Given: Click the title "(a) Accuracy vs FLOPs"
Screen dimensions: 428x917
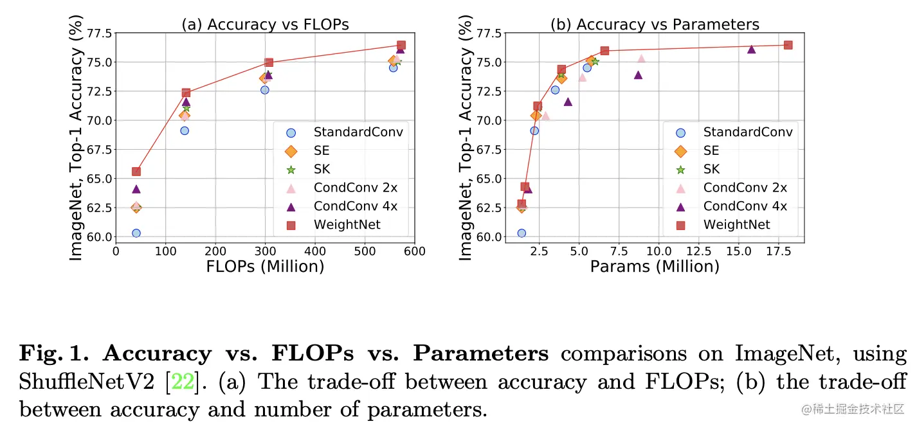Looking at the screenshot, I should (265, 24).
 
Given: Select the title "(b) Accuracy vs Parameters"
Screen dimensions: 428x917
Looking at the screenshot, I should (655, 24).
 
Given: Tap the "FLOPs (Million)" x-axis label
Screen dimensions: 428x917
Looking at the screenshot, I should (265, 265).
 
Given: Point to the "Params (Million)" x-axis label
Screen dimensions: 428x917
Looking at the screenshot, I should (655, 265).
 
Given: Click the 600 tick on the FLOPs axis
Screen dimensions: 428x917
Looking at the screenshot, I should (415, 251).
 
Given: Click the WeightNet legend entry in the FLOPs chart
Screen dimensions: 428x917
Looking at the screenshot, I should (347, 225).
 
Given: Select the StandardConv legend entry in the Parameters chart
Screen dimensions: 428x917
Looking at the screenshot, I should (748, 132).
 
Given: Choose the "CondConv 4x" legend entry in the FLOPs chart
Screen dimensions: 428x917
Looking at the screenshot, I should (355, 206).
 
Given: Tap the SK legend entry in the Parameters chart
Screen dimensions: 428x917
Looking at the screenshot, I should (711, 170).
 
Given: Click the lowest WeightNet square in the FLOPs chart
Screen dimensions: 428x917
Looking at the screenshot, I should (136, 172).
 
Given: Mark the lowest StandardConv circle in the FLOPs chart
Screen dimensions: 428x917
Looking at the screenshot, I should (136, 233).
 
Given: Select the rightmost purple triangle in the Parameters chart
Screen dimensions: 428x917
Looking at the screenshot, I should (751, 49).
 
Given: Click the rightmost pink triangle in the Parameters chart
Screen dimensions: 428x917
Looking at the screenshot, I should (641, 58).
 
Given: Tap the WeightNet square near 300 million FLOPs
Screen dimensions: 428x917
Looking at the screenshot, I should (269, 62).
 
